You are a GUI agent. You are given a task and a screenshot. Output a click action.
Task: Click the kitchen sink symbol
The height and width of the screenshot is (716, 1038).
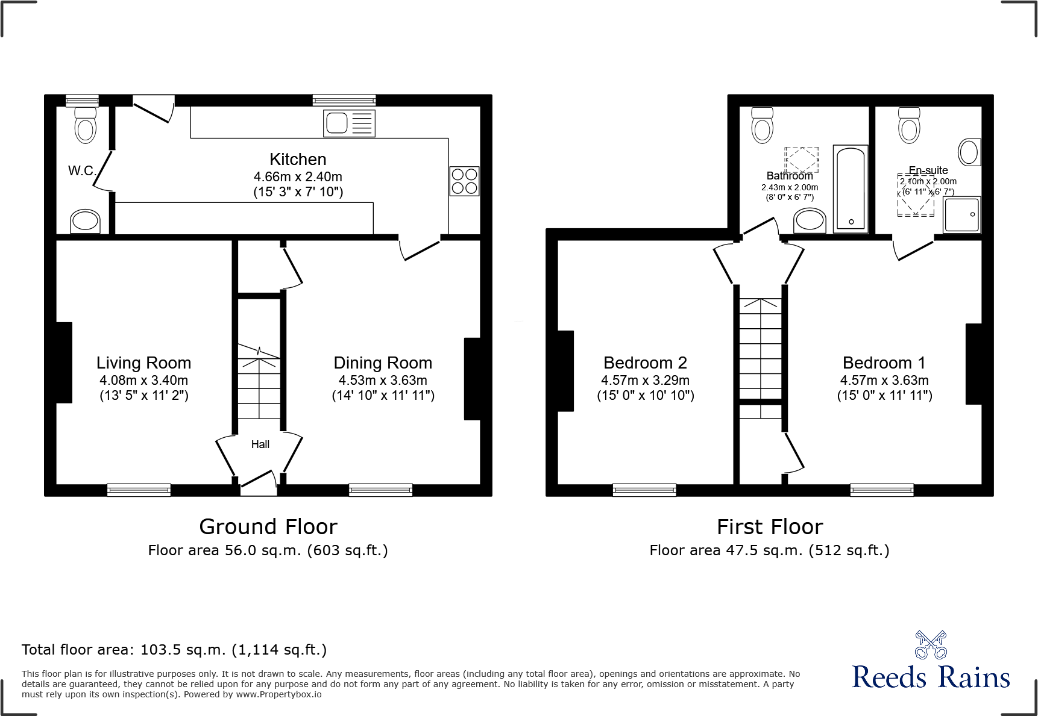tap(349, 123)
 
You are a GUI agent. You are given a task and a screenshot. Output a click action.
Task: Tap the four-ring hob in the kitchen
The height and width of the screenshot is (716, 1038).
tap(464, 181)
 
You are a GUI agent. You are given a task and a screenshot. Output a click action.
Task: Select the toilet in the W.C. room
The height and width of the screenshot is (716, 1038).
tap(85, 125)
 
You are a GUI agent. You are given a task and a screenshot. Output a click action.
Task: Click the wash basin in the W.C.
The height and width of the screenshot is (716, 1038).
tap(85, 221)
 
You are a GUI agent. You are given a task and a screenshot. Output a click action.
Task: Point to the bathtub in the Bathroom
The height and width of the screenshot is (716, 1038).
tap(850, 188)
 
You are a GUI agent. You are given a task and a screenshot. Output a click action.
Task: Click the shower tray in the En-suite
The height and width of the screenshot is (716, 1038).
tap(962, 215)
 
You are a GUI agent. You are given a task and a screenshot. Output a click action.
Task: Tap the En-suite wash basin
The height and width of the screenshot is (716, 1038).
tap(969, 152)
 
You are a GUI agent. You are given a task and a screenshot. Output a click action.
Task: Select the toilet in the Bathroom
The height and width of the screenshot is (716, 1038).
tap(763, 125)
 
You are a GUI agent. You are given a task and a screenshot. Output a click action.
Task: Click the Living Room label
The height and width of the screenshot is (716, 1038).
tap(143, 363)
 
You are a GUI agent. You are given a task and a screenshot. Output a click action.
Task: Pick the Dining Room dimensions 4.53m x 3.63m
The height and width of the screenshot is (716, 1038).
tap(383, 381)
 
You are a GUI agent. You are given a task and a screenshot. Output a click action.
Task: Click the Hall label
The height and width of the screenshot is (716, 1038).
tap(260, 444)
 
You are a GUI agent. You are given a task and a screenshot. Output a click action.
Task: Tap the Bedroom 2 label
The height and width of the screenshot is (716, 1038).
tap(645, 363)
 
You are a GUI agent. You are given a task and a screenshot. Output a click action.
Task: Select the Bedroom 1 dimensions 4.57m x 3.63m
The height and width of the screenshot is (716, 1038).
tap(884, 381)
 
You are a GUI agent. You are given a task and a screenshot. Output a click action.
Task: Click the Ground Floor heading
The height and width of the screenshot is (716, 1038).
tap(268, 527)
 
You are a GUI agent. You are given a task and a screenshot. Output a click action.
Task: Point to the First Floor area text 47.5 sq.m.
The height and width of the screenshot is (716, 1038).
tap(770, 550)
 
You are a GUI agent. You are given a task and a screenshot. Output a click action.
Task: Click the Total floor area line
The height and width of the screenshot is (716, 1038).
tap(174, 650)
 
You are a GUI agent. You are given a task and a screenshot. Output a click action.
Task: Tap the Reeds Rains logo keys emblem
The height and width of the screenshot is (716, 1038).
tap(930, 646)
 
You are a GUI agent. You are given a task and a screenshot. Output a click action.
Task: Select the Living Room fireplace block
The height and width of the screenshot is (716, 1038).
tap(64, 363)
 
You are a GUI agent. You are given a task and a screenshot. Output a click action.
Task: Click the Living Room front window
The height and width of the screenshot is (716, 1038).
tap(139, 490)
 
